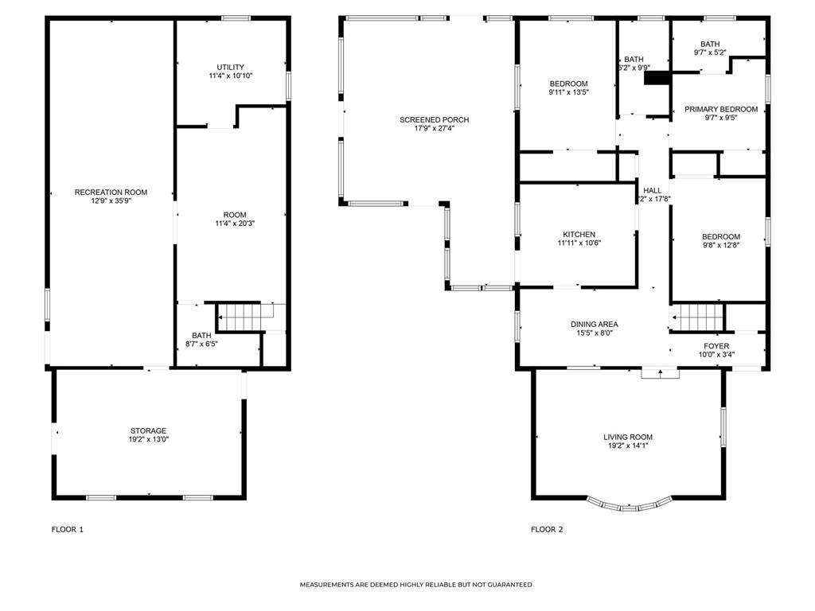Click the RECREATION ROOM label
(111, 193)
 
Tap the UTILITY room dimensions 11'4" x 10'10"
(230, 76)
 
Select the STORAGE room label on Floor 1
(149, 431)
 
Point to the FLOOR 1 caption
(67, 529)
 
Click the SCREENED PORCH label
(434, 120)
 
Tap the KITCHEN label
(579, 235)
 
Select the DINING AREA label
(594, 325)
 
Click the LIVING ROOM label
(628, 437)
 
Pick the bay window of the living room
(629, 504)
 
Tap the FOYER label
(716, 346)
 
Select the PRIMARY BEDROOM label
(721, 109)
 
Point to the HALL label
(652, 190)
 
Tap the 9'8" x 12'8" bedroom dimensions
(720, 246)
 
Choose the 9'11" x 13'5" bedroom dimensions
(568, 92)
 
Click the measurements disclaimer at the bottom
(415, 585)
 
